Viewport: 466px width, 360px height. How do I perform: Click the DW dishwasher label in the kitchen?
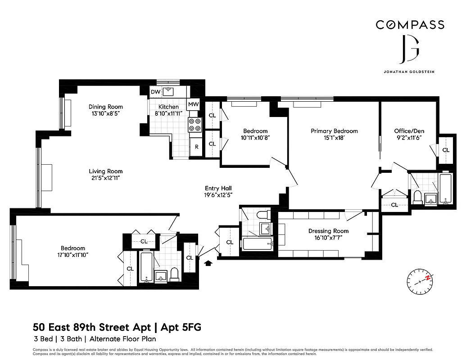point(156,92)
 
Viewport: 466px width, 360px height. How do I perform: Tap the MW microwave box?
point(194,104)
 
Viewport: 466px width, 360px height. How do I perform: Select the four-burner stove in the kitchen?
point(195,125)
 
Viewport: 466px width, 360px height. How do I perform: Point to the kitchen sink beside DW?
point(169,92)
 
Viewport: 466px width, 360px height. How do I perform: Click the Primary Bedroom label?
point(334,131)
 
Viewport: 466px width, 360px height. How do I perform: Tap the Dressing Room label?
point(328,231)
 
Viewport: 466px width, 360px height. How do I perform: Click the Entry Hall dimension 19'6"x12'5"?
point(218,195)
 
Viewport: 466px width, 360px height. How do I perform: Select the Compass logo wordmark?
point(410,25)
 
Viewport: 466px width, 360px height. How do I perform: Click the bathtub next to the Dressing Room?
point(258,245)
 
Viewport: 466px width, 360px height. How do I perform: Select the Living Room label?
point(105,171)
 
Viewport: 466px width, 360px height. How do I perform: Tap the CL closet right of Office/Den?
point(446,150)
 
